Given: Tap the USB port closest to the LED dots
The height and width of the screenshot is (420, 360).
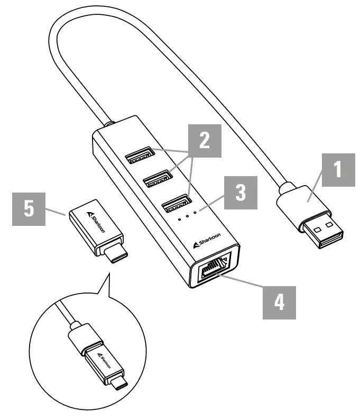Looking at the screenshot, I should [x=175, y=202].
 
